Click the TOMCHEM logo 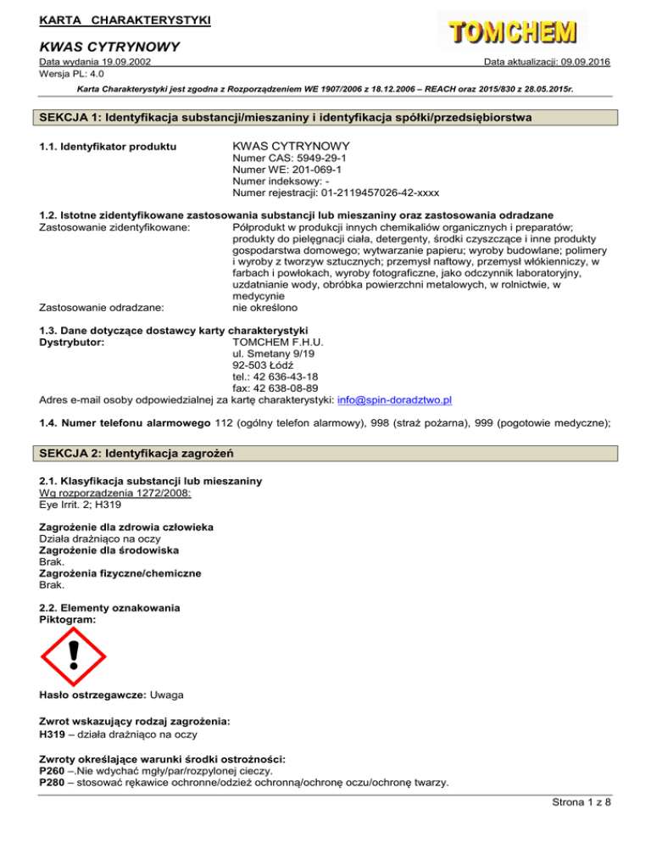click(x=510, y=31)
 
